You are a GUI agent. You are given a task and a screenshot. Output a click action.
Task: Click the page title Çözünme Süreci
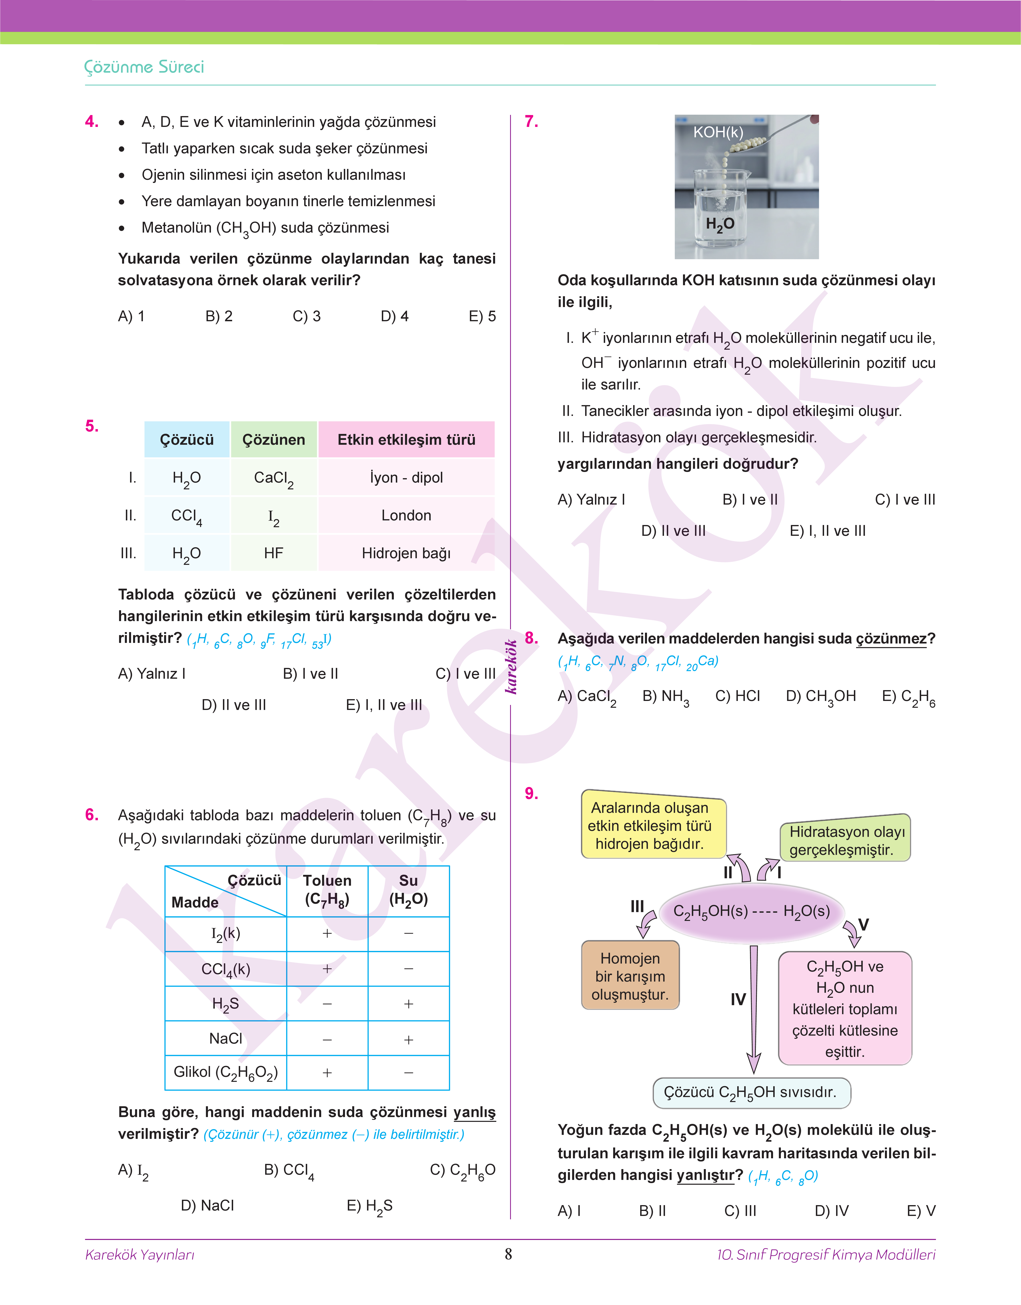(144, 67)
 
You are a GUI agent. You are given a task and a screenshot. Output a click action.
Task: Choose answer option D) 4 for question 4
(394, 316)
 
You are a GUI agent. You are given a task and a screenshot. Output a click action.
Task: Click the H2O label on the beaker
(720, 224)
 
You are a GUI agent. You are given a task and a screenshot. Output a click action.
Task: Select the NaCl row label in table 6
(225, 1038)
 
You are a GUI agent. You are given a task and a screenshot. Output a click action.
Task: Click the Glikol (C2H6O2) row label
(225, 1072)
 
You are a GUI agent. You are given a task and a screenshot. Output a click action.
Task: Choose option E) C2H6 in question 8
(908, 697)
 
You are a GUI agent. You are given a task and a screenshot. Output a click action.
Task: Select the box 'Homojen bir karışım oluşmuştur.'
(630, 976)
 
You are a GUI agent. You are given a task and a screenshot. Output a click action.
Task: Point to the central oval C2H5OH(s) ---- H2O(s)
(751, 911)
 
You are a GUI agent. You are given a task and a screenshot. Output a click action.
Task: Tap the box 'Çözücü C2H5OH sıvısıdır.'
(751, 1092)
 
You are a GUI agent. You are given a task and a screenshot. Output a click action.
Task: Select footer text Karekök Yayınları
(140, 1254)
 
